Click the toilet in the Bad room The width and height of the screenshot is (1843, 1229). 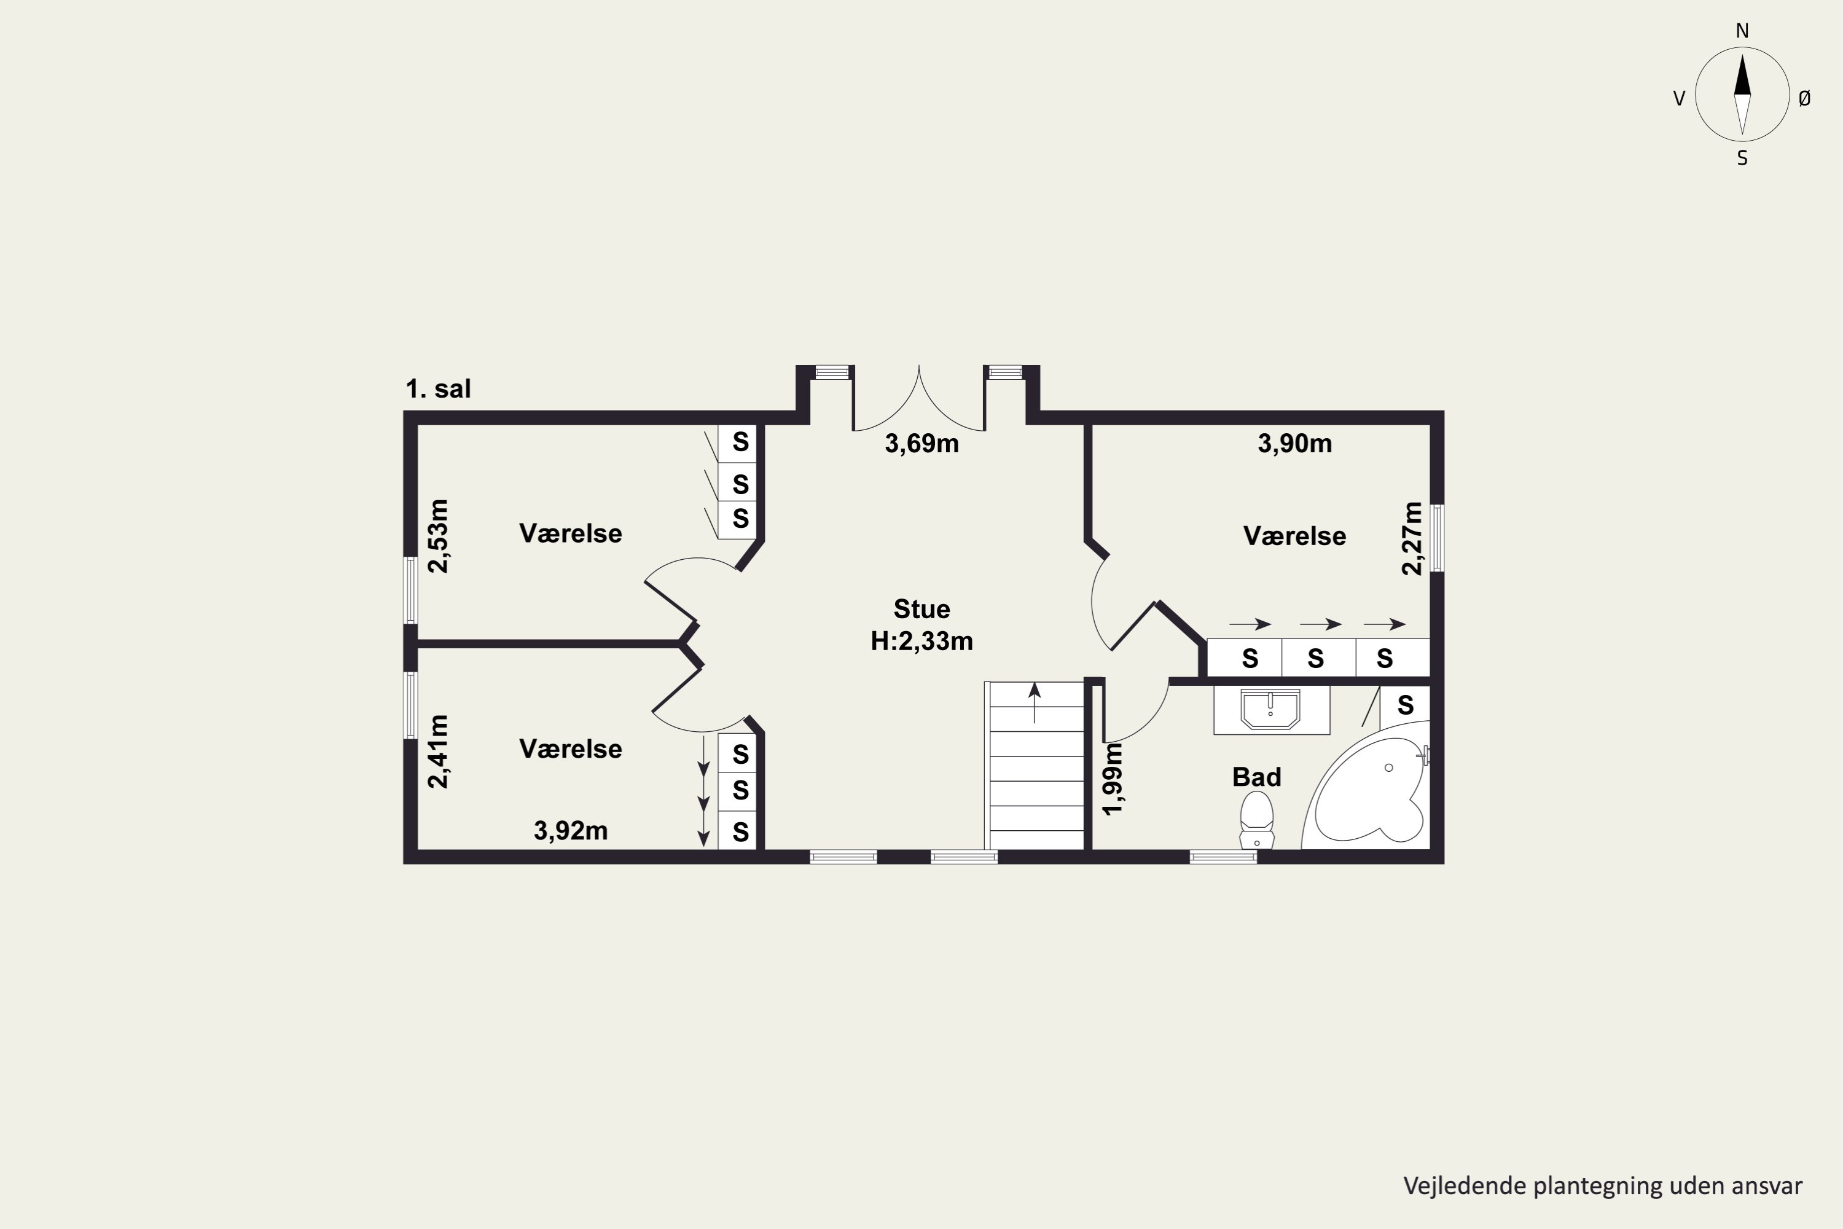[1256, 820]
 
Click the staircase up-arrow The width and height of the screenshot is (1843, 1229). [1035, 702]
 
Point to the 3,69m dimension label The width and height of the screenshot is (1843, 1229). [921, 444]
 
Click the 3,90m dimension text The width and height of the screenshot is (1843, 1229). [1294, 444]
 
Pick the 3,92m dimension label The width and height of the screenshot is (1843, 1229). [571, 831]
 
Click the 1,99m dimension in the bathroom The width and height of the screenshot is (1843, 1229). [1113, 779]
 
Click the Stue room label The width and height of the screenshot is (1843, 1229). [921, 609]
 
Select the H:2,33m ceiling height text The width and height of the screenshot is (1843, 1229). [921, 641]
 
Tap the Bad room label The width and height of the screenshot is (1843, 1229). [1257, 777]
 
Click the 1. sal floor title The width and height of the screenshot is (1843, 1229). [438, 389]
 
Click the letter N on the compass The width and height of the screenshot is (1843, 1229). [1742, 31]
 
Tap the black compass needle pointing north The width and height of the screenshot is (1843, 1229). [1742, 75]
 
